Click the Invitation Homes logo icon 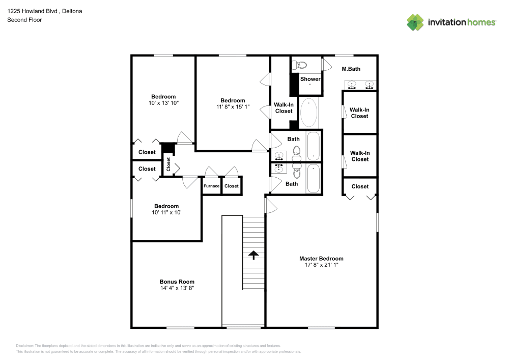pyautogui.click(x=415, y=22)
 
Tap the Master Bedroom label pyautogui.click(x=321, y=259)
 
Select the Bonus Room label pyautogui.click(x=177, y=282)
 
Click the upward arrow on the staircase pyautogui.click(x=253, y=255)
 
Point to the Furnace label pyautogui.click(x=211, y=186)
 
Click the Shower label pyautogui.click(x=310, y=79)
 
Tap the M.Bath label pyautogui.click(x=351, y=69)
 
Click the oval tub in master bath pyautogui.click(x=309, y=113)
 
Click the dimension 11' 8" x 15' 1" pyautogui.click(x=233, y=107)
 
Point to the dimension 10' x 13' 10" pyautogui.click(x=163, y=103)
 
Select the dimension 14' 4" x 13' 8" pyautogui.click(x=177, y=288)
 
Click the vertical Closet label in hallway pyautogui.click(x=168, y=164)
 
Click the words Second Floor pyautogui.click(x=24, y=20)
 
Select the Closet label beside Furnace pyautogui.click(x=232, y=186)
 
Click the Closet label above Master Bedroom pyautogui.click(x=360, y=186)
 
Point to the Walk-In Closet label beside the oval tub pyautogui.click(x=284, y=107)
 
